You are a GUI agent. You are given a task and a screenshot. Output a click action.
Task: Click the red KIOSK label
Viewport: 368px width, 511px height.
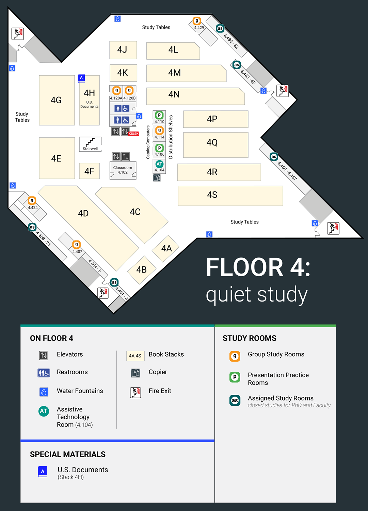click(133, 134)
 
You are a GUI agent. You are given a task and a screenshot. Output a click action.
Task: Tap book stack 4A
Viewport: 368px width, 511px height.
click(166, 248)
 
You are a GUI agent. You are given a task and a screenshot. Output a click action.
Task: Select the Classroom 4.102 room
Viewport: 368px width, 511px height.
click(123, 170)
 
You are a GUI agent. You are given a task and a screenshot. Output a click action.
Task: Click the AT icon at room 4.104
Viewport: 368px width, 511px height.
click(159, 164)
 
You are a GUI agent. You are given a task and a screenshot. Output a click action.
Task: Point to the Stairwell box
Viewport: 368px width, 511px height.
click(90, 144)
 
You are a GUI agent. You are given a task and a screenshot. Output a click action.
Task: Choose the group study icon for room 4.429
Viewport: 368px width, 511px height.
click(197, 21)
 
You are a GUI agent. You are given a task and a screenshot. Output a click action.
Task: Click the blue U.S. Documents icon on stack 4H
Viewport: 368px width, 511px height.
click(81, 78)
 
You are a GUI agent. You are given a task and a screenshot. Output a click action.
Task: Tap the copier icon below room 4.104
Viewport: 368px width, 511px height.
click(157, 178)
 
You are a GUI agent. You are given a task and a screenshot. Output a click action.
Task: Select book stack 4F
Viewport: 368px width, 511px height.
click(90, 171)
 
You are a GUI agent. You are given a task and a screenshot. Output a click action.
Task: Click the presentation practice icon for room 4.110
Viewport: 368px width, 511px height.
click(159, 115)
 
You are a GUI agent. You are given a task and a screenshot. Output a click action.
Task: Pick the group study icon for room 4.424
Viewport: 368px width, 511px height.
click(32, 201)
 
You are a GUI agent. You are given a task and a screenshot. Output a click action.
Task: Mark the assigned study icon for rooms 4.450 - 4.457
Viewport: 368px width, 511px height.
click(274, 157)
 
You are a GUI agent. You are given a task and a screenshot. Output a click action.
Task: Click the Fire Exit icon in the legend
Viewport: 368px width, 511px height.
click(135, 392)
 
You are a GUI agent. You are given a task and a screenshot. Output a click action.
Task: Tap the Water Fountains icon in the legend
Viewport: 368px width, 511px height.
click(44, 392)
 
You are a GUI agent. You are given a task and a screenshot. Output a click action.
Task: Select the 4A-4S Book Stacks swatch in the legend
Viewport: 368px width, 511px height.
click(135, 356)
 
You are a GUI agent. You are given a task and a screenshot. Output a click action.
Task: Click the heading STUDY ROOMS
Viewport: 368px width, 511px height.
click(250, 338)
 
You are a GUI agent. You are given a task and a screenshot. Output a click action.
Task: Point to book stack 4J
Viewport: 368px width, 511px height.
click(123, 50)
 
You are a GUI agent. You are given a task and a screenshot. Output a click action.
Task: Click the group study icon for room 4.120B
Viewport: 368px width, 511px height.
click(129, 91)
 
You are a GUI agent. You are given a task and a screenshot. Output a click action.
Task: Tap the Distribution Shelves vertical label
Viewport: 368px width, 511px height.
click(171, 137)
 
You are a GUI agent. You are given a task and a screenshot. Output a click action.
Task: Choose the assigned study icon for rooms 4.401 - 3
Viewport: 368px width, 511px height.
click(114, 282)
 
